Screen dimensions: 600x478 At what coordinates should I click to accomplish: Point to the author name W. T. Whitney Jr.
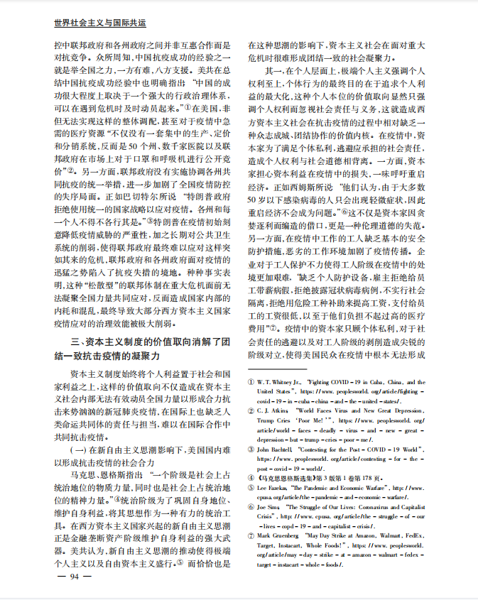(x=279, y=382)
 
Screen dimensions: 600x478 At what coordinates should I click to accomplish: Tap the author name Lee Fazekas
(x=274, y=489)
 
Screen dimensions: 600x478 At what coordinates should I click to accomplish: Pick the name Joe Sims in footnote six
(x=270, y=508)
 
